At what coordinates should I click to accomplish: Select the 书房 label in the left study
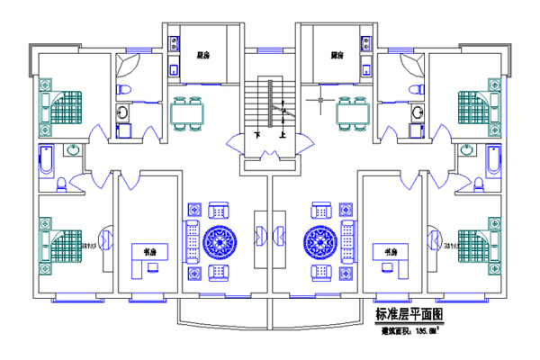(x=150, y=251)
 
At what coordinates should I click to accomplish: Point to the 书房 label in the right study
(x=390, y=251)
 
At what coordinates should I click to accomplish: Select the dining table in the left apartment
(x=187, y=113)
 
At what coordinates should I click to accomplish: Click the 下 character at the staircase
(x=257, y=136)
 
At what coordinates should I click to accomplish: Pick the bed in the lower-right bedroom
(x=475, y=243)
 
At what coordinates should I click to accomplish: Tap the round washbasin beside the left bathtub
(x=73, y=150)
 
